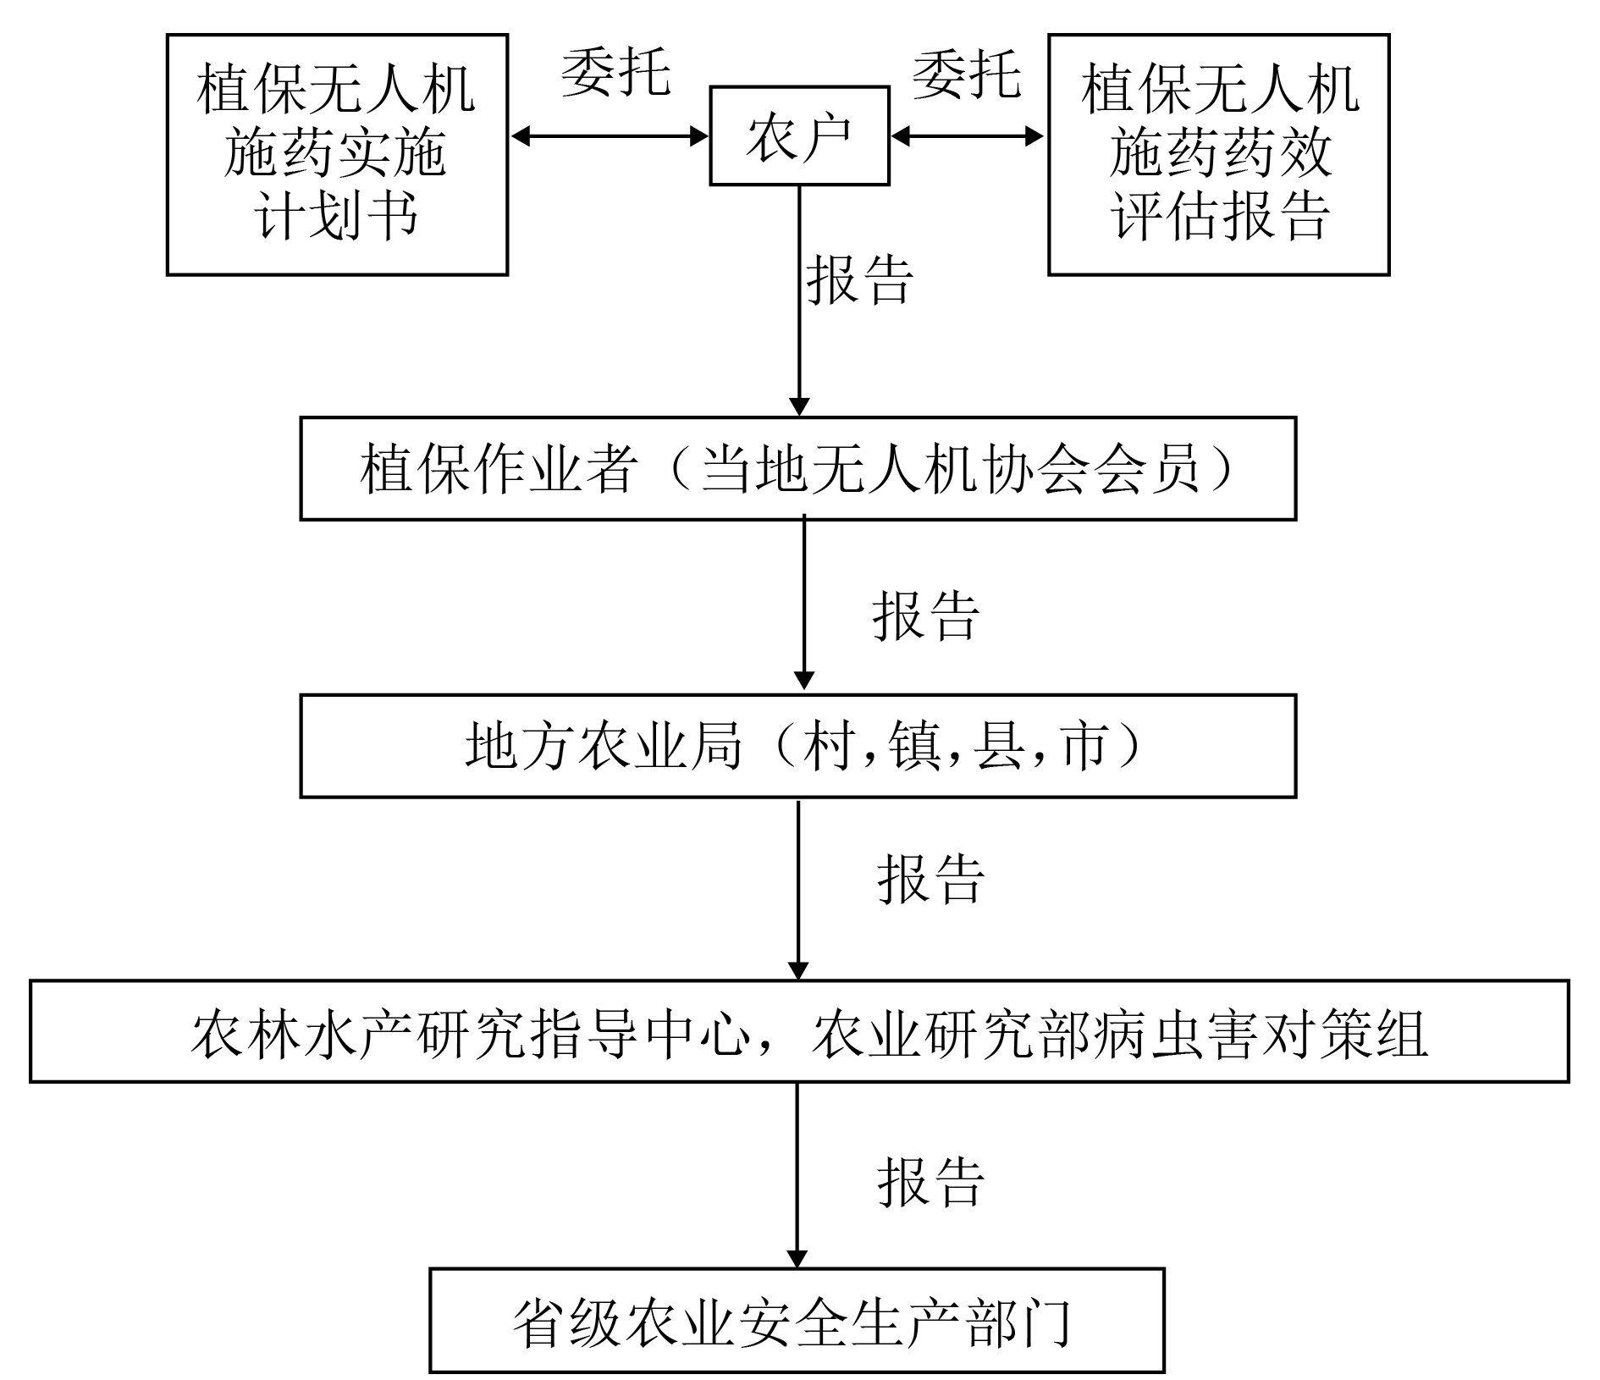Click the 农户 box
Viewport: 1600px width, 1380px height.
click(x=799, y=135)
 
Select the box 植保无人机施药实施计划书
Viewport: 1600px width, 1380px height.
click(x=337, y=155)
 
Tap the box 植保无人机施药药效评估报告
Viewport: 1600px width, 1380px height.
click(x=1219, y=155)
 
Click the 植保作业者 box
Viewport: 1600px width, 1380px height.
click(x=797, y=468)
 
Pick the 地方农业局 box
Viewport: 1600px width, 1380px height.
click(x=797, y=746)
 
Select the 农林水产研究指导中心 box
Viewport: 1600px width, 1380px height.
click(x=799, y=1031)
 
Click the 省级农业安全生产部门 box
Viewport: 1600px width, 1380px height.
click(x=797, y=1320)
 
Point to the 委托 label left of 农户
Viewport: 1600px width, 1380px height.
click(x=615, y=72)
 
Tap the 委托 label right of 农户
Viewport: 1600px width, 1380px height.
click(x=966, y=74)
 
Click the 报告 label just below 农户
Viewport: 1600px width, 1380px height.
click(x=859, y=279)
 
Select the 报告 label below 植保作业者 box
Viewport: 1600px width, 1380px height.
click(x=925, y=615)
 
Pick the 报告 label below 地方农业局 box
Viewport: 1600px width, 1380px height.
click(x=930, y=879)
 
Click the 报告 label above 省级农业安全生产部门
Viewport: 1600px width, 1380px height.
click(x=930, y=1182)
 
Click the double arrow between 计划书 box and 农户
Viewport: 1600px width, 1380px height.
click(x=609, y=135)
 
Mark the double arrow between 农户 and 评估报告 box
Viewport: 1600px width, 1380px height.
click(x=968, y=135)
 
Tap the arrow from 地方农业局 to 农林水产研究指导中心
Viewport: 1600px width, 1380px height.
click(x=798, y=889)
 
